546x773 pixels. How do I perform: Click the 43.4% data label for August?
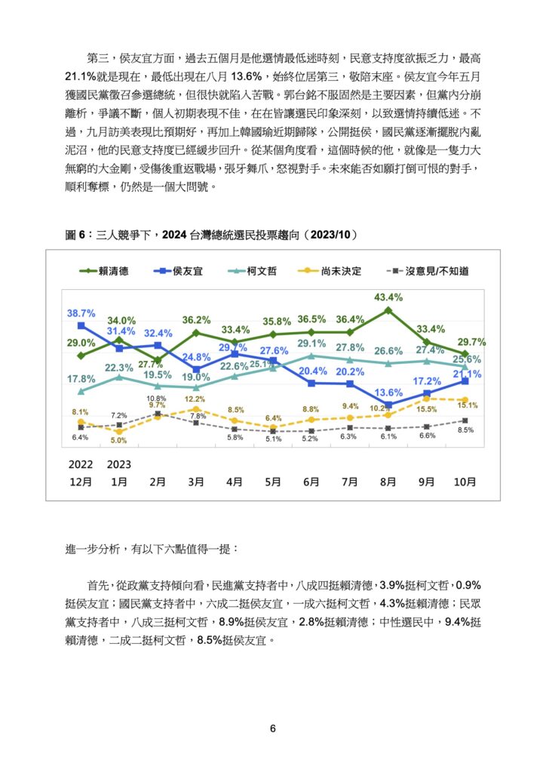pos(388,297)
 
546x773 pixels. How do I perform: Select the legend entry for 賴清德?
pos(104,271)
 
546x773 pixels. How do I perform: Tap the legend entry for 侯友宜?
pos(178,271)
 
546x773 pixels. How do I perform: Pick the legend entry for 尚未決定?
pos(330,271)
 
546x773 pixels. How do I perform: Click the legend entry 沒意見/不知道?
pos(428,271)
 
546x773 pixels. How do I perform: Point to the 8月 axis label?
pos(388,482)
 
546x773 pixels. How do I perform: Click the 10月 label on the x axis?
pos(465,482)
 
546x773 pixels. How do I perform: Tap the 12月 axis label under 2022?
pos(81,482)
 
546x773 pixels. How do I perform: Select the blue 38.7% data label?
pos(81,313)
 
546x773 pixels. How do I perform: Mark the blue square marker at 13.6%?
pos(388,405)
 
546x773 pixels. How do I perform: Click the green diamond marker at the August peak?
pos(388,310)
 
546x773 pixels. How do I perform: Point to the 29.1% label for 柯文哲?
pos(311,343)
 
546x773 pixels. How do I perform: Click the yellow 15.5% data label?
pos(426,409)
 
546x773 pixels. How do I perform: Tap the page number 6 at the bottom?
pos(273,728)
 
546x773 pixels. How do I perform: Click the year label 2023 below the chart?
pos(119,464)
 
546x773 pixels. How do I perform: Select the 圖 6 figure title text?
pos(210,235)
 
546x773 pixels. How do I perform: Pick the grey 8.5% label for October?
pos(465,430)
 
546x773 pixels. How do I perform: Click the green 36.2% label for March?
pos(196,320)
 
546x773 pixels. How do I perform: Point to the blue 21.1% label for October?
pos(468,374)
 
